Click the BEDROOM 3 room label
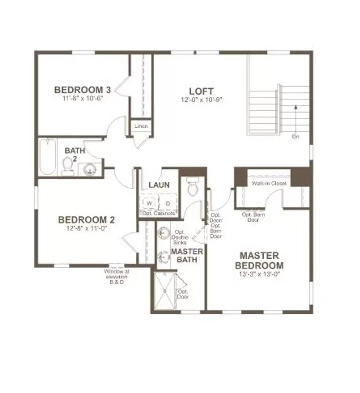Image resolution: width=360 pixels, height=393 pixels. tap(83, 90)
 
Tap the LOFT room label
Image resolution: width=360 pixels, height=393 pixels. tap(201, 91)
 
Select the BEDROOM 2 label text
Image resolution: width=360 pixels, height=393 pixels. tap(87, 220)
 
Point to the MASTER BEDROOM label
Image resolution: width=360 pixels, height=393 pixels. tap(259, 261)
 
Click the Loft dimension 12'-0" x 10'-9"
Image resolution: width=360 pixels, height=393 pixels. tap(201, 99)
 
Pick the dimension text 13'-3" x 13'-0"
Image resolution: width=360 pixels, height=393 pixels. tap(259, 274)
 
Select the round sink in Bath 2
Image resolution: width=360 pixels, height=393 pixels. tap(89, 169)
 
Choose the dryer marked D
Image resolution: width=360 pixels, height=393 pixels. tap(168, 203)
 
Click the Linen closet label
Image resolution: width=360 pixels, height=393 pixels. tap(141, 126)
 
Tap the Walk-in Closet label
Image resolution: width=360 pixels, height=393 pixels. tap(269, 183)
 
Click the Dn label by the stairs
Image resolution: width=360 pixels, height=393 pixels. tap(295, 137)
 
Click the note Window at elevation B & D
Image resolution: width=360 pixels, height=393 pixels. tap(116, 277)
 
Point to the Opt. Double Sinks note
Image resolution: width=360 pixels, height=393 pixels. tap(180, 237)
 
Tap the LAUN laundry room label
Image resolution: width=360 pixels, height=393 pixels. tap(159, 185)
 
